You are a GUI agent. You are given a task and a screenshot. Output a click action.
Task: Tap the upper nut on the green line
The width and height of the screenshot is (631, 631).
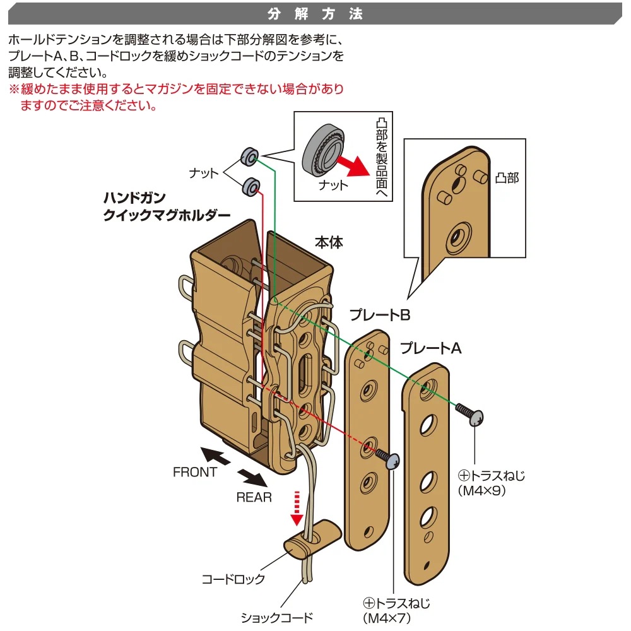click(x=249, y=156)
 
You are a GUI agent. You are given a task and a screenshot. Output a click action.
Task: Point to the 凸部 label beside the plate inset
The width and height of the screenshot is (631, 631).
click(x=507, y=179)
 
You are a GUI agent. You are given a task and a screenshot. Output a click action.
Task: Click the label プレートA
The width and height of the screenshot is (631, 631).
click(x=431, y=348)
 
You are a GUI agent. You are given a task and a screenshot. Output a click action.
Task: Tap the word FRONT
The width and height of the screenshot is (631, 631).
click(x=195, y=472)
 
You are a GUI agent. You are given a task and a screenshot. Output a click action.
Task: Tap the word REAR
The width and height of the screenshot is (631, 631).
click(x=254, y=497)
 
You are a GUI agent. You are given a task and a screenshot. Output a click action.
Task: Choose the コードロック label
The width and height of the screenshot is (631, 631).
click(x=233, y=579)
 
